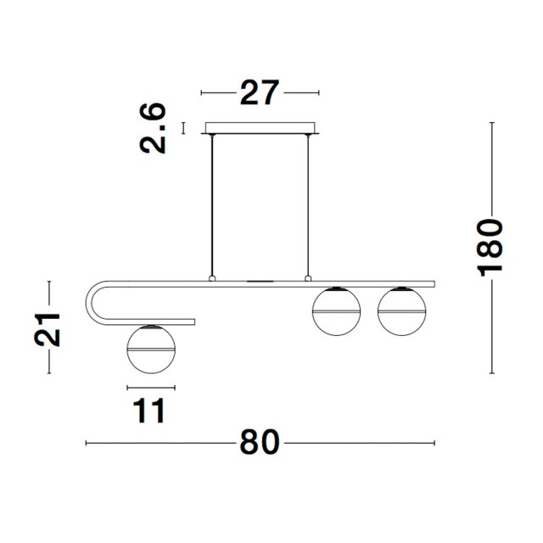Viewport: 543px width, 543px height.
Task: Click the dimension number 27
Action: point(259,92)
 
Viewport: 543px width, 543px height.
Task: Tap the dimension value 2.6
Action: point(153,128)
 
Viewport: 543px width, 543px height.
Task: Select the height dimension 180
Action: point(490,248)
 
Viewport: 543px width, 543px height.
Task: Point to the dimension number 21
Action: point(48,329)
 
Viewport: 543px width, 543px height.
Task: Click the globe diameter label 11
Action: point(149,411)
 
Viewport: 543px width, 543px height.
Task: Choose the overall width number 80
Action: point(260,442)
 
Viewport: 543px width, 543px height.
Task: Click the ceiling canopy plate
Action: point(260,128)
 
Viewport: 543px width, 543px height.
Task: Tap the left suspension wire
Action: point(212,205)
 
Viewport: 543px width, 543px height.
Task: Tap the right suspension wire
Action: point(307,205)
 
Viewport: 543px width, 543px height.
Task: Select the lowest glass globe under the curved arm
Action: point(151,349)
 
